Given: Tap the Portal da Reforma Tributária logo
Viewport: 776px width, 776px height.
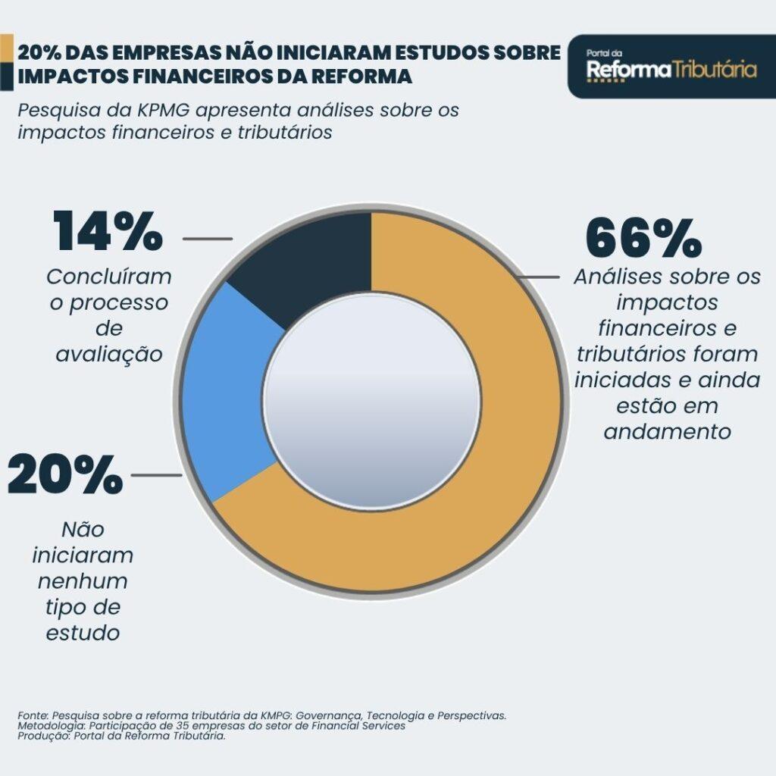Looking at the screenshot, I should [x=671, y=67].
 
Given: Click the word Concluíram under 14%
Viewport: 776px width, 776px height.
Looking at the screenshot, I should [x=109, y=277].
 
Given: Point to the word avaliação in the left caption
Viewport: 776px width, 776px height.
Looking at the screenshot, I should [x=109, y=354].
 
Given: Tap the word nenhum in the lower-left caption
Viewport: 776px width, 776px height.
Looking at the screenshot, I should [x=83, y=582].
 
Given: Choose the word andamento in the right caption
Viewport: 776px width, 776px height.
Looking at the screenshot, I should [x=667, y=431].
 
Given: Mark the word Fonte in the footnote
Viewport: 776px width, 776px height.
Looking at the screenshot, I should [x=32, y=715].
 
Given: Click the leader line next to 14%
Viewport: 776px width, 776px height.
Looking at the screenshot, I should [x=208, y=238].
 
